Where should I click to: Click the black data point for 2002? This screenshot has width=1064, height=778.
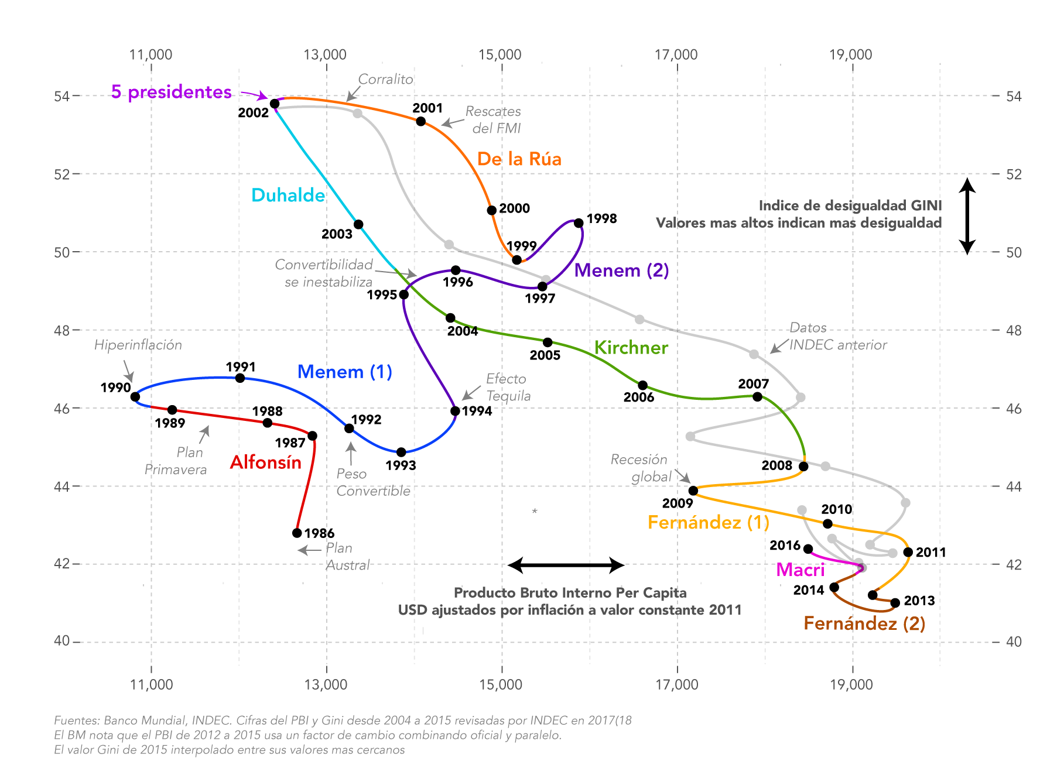[x=275, y=104]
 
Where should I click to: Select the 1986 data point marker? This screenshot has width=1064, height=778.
[x=297, y=533]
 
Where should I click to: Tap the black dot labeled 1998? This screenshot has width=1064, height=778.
[x=579, y=223]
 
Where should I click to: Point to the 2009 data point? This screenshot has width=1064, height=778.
[x=693, y=491]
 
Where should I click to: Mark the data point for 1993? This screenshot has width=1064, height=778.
[x=401, y=452]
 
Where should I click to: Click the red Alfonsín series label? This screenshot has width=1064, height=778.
[x=265, y=462]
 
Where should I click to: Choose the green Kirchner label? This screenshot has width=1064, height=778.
[x=631, y=348]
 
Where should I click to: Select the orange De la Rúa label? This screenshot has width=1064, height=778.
[x=519, y=159]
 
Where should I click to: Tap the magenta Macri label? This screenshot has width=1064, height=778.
[x=800, y=570]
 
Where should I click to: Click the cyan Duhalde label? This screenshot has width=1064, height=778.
[x=288, y=196]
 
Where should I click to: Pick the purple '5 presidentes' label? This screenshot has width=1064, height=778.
[x=172, y=92]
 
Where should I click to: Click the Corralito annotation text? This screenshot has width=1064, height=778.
[x=385, y=79]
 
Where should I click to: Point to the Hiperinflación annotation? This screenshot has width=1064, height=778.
[x=138, y=345]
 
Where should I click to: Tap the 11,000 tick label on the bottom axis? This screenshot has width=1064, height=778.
[x=151, y=684]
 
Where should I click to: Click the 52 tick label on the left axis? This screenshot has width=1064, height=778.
[x=62, y=174]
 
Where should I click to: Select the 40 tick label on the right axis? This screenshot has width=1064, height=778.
[x=1014, y=642]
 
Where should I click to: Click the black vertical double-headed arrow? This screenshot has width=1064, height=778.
[x=967, y=216]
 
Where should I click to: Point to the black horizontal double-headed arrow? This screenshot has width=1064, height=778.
[x=566, y=565]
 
